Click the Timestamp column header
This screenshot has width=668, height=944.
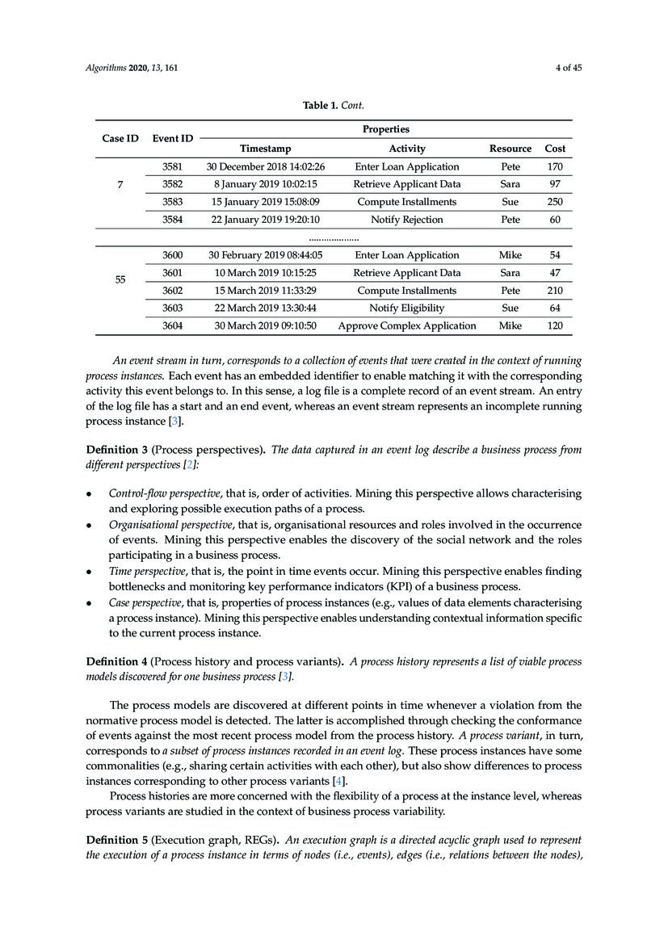pyautogui.click(x=265, y=149)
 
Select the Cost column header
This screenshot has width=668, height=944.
pyautogui.click(x=555, y=149)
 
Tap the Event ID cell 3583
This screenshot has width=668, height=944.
pyautogui.click(x=172, y=202)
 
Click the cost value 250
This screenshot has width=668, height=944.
pyautogui.click(x=555, y=202)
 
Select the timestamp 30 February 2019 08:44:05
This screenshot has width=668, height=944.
pyautogui.click(x=265, y=255)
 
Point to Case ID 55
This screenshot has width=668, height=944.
pyautogui.click(x=120, y=280)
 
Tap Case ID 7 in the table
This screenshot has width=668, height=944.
pyautogui.click(x=120, y=185)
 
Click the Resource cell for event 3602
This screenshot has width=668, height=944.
pyautogui.click(x=510, y=291)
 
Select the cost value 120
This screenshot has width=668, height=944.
pyautogui.click(x=555, y=326)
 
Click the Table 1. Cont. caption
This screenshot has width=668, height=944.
pyautogui.click(x=334, y=104)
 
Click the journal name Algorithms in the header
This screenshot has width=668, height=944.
pyautogui.click(x=106, y=68)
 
